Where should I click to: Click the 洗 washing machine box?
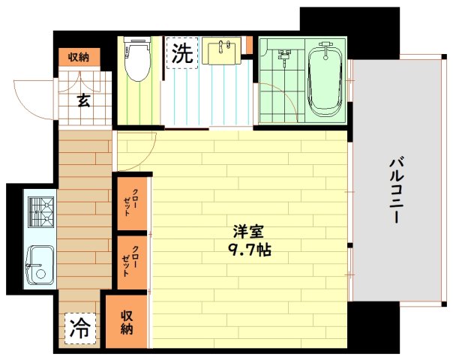[181, 53]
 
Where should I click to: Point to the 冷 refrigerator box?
[79, 328]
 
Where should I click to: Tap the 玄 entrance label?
[84, 100]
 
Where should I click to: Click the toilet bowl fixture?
[137, 62]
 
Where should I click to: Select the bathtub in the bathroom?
[325, 79]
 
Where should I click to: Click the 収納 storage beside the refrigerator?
[126, 322]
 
